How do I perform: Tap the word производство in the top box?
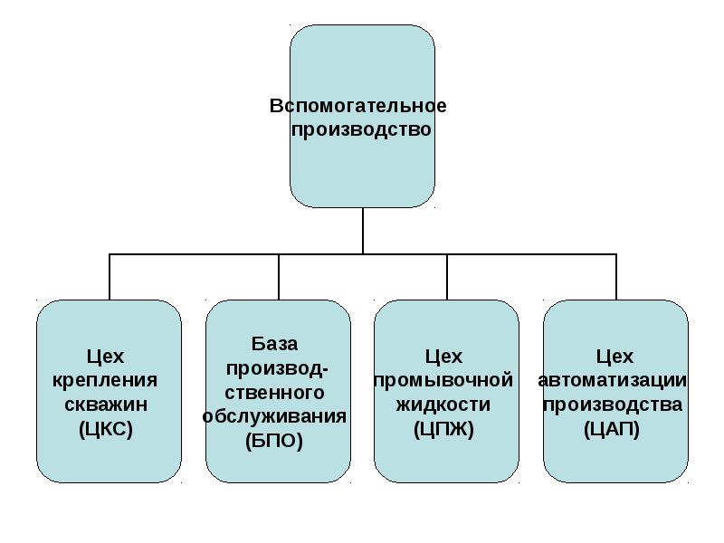[362, 129]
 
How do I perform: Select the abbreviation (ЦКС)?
[109, 428]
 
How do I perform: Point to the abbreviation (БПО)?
[275, 441]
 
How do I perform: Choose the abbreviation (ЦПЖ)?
[443, 428]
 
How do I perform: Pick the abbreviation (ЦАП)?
[612, 428]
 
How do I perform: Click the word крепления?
[109, 380]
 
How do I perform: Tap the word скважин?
[109, 404]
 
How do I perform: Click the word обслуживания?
[275, 416]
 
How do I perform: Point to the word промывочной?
[443, 380]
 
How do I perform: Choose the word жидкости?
[443, 404]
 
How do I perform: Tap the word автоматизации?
[612, 380]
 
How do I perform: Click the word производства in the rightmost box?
[612, 404]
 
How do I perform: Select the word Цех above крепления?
[109, 357]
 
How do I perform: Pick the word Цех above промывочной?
[443, 357]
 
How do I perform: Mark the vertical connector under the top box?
[363, 231]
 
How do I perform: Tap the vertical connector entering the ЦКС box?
[110, 277]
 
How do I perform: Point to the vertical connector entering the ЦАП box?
[616, 277]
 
